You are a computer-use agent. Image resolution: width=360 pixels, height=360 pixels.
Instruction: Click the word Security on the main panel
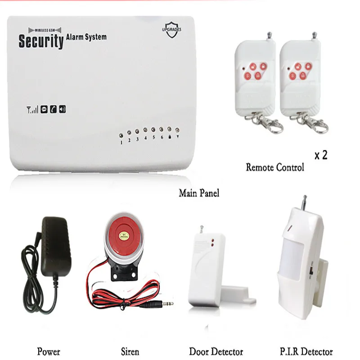[40, 41]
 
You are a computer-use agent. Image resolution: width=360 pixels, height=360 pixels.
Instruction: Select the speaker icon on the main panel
[62, 108]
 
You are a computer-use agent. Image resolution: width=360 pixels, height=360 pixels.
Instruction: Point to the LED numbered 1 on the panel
[121, 135]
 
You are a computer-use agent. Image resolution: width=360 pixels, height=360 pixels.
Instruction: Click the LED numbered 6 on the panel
[162, 130]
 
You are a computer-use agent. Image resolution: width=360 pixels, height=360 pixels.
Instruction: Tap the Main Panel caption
[199, 193]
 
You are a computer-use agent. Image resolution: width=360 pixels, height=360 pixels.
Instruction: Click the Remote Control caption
[275, 167]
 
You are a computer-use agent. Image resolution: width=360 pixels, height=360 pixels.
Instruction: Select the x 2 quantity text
[320, 155]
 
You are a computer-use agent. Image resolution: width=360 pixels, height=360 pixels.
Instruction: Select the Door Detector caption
[216, 351]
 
